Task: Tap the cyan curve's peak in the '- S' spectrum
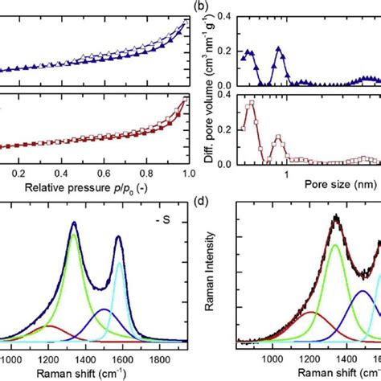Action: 119,263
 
